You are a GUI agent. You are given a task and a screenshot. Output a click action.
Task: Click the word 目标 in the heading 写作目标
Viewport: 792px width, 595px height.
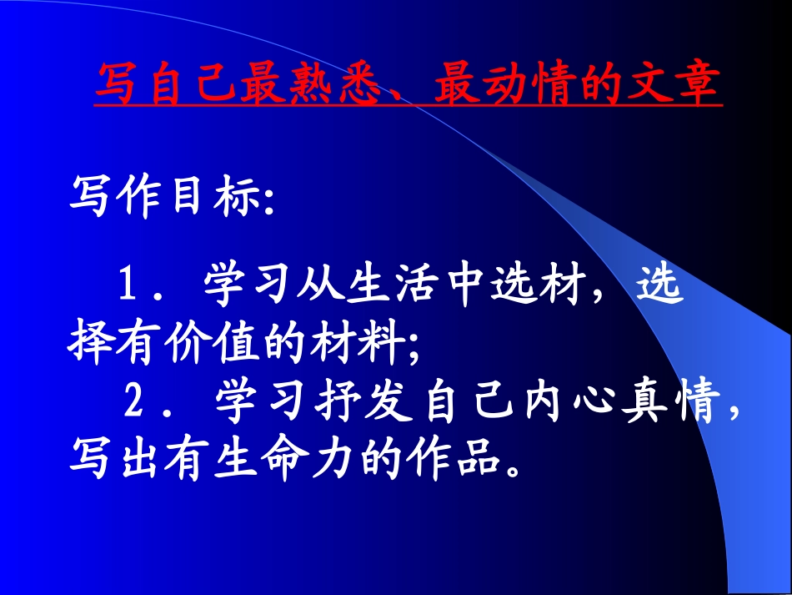[210, 199]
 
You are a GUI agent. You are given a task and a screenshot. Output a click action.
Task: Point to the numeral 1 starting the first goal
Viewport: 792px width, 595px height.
[129, 286]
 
